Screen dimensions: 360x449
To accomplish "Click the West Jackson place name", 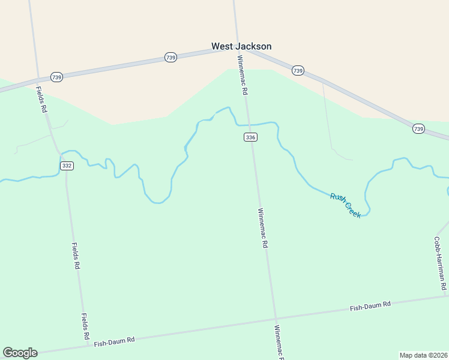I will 241,46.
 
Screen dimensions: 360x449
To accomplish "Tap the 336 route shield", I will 251,137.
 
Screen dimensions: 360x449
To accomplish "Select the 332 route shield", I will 67,166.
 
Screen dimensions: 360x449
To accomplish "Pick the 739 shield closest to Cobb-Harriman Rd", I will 418,128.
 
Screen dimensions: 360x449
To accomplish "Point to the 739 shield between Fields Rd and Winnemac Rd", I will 170,57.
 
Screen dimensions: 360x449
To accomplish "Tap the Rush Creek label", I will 346,205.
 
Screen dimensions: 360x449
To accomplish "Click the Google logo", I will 20,353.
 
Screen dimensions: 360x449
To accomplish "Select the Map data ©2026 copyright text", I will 423,355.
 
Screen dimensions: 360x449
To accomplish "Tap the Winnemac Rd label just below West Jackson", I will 243,76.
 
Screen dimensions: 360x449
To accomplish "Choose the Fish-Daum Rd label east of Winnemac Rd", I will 370,305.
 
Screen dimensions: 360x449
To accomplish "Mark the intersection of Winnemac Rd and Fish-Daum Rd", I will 276,319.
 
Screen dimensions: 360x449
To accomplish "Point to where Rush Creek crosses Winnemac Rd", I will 248,125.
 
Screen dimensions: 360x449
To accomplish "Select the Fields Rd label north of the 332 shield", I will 41,100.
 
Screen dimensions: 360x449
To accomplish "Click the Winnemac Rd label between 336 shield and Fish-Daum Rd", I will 262,228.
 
